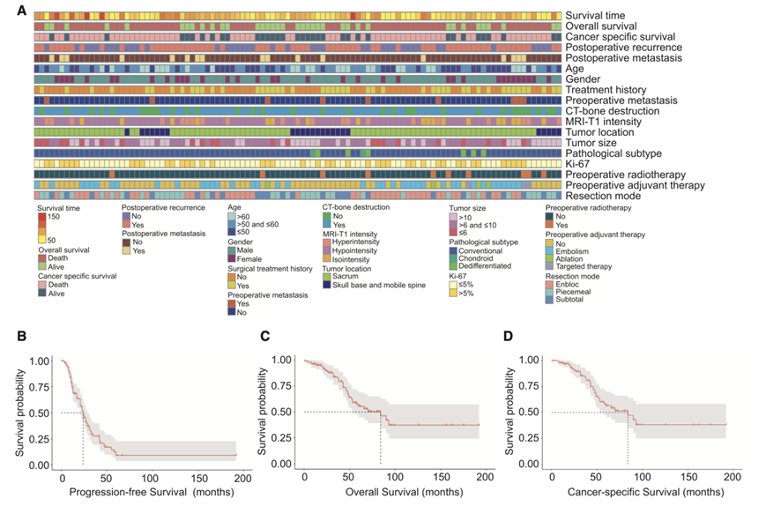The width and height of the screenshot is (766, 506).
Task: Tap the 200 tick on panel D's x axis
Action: click(733, 475)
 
